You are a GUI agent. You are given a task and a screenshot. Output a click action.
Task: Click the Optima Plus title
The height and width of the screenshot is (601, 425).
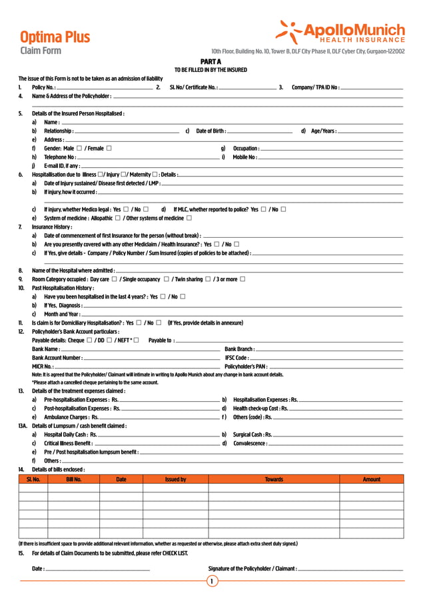pyautogui.click(x=55, y=37)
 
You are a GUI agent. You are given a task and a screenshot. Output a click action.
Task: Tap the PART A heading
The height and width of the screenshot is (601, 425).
pyautogui.click(x=211, y=62)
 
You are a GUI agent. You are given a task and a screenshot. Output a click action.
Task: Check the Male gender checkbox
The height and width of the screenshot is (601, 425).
pyautogui.click(x=79, y=148)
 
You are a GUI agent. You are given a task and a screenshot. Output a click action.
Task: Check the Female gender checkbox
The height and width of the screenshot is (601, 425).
pyautogui.click(x=109, y=148)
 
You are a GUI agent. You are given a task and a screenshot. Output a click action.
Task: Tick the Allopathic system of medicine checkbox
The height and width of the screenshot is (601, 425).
pyautogui.click(x=118, y=218)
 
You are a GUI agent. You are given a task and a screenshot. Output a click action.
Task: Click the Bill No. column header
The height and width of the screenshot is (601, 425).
pyautogui.click(x=73, y=479)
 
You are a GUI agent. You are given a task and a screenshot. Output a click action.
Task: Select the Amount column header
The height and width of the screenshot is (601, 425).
pyautogui.click(x=371, y=479)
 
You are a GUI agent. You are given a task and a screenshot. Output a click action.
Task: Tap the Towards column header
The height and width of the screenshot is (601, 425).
pyautogui.click(x=274, y=479)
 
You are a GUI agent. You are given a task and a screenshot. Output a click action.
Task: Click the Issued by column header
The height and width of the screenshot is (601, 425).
pyautogui.click(x=175, y=479)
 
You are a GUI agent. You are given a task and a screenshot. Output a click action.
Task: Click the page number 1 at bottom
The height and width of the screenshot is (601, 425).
pyautogui.click(x=212, y=582)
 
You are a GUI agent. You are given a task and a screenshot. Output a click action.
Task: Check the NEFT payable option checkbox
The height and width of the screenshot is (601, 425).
pyautogui.click(x=136, y=340)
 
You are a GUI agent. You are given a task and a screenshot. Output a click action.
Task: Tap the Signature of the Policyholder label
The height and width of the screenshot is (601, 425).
pyautogui.click(x=252, y=568)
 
